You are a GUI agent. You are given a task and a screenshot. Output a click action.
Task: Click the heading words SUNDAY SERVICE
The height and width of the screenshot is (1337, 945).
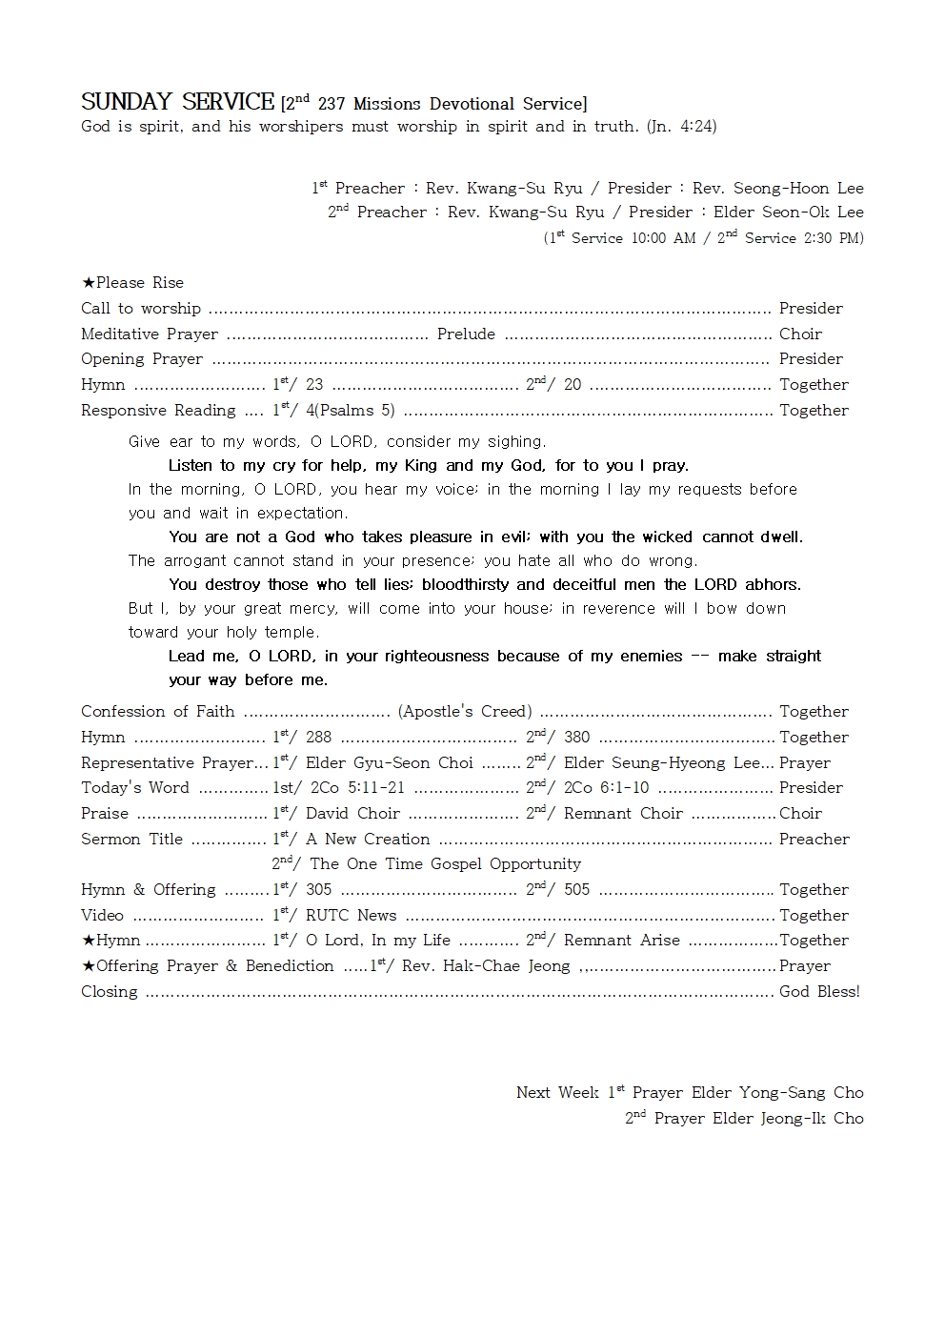coord(177,102)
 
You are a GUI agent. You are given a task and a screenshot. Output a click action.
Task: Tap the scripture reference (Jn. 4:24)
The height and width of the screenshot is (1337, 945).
coord(681,126)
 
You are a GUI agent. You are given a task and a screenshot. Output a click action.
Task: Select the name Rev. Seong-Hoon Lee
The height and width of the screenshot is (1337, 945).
coord(777,188)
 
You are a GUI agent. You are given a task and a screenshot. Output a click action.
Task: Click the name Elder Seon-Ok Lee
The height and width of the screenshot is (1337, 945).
coord(788,212)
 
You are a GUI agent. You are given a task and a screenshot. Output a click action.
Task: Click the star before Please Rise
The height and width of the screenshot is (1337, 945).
coord(88,283)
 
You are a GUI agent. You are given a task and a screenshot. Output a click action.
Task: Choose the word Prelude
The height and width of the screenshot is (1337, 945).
coord(466,334)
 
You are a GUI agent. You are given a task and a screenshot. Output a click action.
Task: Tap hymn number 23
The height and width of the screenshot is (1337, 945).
coord(314,385)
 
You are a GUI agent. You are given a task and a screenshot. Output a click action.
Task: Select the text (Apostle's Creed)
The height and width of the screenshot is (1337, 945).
coord(465,711)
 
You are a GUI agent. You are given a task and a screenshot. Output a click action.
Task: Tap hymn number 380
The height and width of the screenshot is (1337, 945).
coord(576,737)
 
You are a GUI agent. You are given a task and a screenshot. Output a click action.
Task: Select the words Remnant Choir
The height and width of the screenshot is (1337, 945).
coord(623,813)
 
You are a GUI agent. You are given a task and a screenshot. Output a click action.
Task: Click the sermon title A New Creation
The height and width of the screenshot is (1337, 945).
coord(368,839)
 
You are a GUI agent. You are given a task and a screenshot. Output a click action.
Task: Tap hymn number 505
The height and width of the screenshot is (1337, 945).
coord(576,889)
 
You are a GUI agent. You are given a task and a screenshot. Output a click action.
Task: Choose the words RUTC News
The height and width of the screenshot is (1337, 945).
coord(351,915)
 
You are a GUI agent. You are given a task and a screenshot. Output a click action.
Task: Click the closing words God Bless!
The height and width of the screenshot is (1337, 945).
coord(819,991)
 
